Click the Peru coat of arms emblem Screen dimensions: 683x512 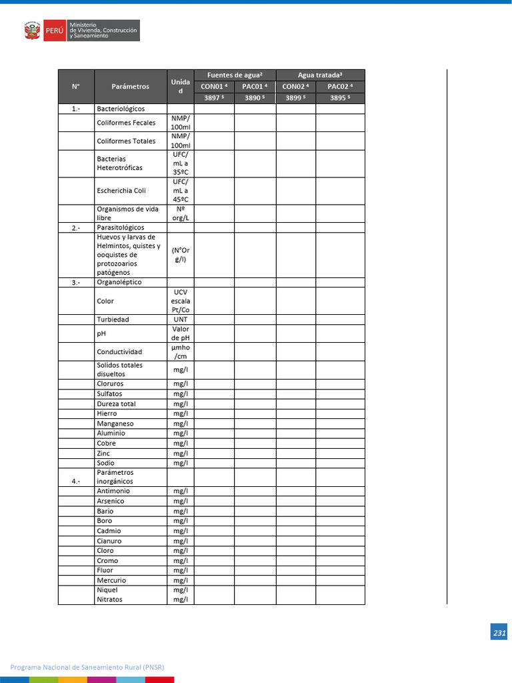coord(32,31)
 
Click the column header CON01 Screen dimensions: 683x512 coord(213,86)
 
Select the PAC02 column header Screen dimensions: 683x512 coord(339,86)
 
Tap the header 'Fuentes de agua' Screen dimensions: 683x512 coord(235,75)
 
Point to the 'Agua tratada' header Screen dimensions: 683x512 coord(320,75)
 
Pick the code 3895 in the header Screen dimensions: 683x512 coord(339,98)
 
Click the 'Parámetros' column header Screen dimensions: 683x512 coord(131,86)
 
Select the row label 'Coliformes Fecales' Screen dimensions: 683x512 coord(126,123)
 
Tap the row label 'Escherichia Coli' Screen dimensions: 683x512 coord(121,191)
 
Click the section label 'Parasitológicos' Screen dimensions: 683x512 coord(120,227)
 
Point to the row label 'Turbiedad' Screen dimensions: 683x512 coord(113,319)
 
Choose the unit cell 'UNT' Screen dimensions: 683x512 coord(180,319)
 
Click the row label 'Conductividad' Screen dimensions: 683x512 coord(119,352)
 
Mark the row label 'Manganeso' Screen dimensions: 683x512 coord(115,424)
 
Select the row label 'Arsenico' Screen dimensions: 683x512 coord(111,501)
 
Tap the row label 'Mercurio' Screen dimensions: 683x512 coord(111,580)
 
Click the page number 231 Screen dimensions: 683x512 coord(499,634)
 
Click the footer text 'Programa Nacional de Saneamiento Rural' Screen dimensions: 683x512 coord(87,667)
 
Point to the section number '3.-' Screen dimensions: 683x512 coord(76,283)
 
